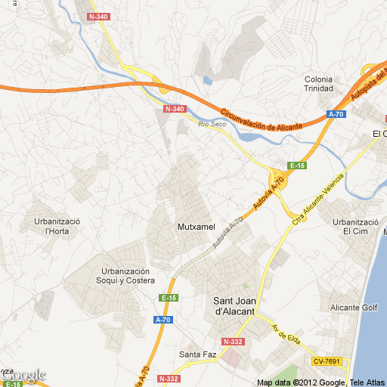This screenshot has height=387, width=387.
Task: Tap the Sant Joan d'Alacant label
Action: (234, 305)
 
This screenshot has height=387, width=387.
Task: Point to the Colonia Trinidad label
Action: (318, 84)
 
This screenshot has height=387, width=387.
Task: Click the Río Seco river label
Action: (212, 124)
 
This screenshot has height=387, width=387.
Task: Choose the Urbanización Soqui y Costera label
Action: (126, 276)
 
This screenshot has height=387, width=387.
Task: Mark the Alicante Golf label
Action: (354, 308)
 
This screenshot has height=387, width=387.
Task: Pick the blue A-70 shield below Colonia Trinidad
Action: (336, 114)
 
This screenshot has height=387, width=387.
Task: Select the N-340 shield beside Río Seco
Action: (174, 109)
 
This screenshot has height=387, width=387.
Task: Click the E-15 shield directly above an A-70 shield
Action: (168, 299)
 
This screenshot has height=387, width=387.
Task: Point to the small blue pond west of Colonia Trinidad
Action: (207, 79)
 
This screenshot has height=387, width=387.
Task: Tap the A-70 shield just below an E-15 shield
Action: (163, 320)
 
